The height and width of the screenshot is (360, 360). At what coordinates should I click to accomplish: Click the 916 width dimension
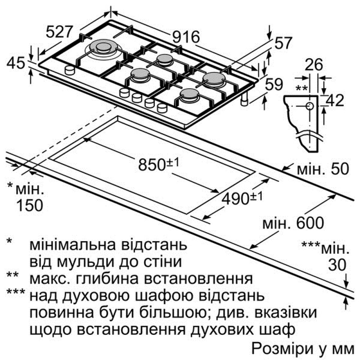point(186,37)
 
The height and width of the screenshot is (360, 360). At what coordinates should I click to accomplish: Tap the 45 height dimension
point(15,63)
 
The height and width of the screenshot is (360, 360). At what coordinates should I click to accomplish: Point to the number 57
point(283,43)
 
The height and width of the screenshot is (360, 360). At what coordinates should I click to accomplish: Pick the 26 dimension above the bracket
point(314,64)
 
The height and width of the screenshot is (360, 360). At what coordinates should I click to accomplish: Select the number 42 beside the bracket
point(335,100)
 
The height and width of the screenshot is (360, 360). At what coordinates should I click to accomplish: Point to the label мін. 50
point(323,169)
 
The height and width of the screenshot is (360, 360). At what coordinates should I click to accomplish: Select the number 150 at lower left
point(30,205)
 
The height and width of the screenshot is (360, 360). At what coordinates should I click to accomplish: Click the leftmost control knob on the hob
point(69,70)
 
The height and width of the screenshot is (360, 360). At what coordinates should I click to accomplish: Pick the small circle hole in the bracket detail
point(310,106)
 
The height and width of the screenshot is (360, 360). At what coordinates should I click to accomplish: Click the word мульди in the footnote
point(86,262)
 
